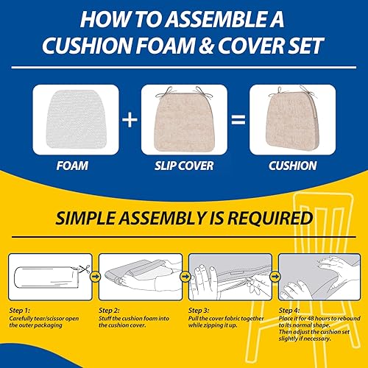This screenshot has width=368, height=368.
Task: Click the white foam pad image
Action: pyautogui.click(x=75, y=118)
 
